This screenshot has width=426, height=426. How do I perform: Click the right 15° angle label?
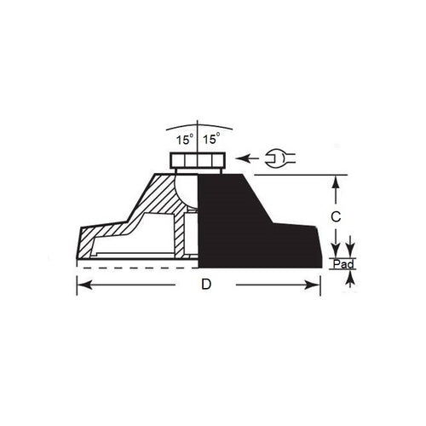[212, 137]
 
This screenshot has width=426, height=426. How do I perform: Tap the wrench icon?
[279, 158]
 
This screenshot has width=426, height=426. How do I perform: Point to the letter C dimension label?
[337, 217]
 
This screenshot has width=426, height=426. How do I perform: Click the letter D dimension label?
[204, 285]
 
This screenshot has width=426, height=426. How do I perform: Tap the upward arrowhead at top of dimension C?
[337, 180]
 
